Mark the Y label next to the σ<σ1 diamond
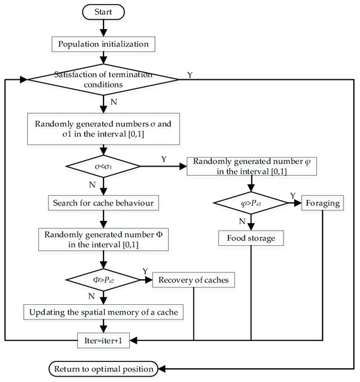[x=164, y=158]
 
